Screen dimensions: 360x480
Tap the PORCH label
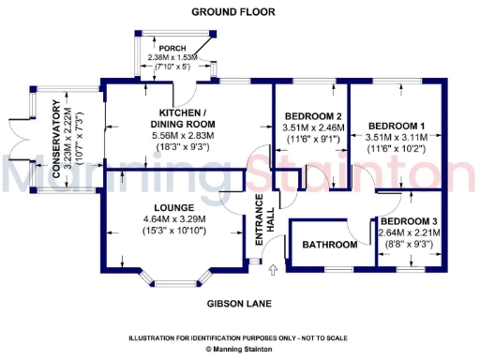[x=172, y=48]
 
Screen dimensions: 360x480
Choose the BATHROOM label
[x=330, y=246]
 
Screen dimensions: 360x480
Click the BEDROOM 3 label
[x=409, y=221]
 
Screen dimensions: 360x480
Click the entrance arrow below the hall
[x=274, y=270]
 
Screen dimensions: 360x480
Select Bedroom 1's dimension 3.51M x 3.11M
[x=396, y=137]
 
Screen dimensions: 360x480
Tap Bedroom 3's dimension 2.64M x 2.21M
[x=409, y=232]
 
